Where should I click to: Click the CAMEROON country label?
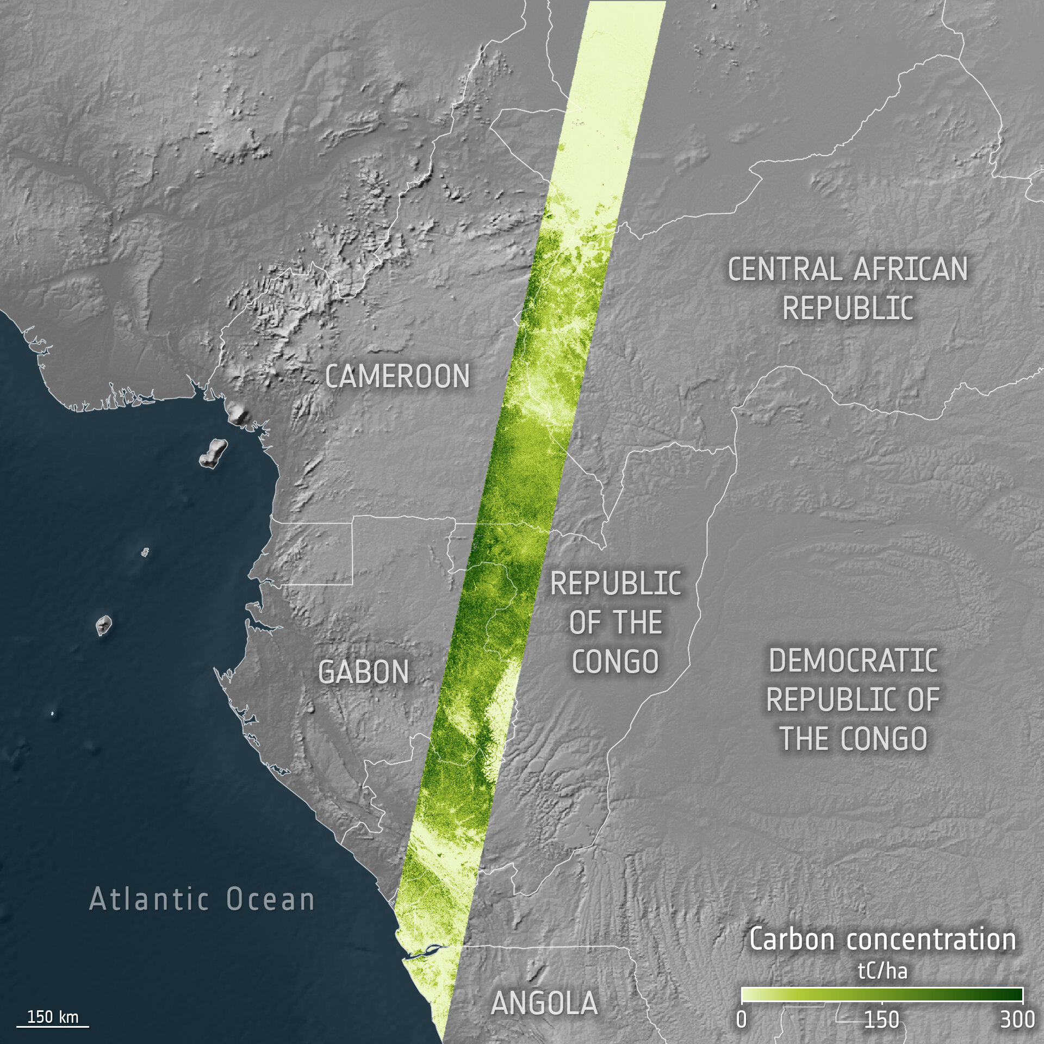coord(397,376)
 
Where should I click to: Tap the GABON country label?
coord(363,672)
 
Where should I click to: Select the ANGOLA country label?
coord(544,1003)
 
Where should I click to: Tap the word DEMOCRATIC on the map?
coord(853,661)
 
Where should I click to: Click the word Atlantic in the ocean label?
coord(149,899)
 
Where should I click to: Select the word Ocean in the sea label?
coord(270,899)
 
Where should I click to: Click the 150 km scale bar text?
coord(53,1017)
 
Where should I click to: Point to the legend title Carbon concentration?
coord(883,939)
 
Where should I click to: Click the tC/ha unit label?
coord(883,971)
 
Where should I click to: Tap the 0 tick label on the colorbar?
coord(742,1020)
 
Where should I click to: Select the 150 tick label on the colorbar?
coord(881,1020)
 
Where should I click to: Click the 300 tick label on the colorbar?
coord(1017,1020)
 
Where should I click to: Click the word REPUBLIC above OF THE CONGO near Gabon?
coord(616,584)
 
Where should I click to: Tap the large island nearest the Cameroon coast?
coord(213,453)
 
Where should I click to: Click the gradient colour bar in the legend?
coord(882,995)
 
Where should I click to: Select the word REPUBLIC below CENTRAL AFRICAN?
coord(848,308)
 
